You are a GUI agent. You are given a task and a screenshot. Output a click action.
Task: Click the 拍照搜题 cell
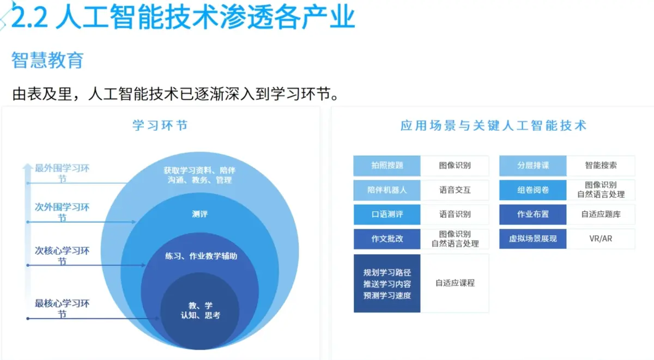tap(387, 166)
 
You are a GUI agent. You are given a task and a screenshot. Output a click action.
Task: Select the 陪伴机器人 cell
tap(387, 190)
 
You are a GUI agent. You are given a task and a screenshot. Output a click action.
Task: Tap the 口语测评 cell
tap(387, 215)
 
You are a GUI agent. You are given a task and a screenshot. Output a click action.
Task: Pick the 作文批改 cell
tap(387, 239)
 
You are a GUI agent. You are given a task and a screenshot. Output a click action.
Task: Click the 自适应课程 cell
tap(455, 283)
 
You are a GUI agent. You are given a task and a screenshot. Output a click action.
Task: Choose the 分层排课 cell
tap(533, 166)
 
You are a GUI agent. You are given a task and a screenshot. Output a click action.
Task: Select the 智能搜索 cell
tap(601, 166)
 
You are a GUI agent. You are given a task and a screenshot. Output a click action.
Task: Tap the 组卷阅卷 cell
tap(533, 190)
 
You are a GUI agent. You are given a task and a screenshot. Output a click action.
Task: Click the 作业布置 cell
tap(533, 215)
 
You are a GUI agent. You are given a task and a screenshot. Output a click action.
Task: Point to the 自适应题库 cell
tap(601, 215)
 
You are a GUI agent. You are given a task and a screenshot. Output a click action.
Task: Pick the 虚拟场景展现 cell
tap(533, 239)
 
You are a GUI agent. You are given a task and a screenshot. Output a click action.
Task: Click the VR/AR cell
tap(601, 239)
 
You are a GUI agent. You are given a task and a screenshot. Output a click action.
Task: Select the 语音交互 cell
tap(455, 190)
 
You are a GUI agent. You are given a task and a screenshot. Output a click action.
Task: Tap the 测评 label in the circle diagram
tap(200, 214)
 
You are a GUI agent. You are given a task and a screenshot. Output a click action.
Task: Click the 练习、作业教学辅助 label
tap(201, 255)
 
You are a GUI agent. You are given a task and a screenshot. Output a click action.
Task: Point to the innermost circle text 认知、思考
tap(201, 315)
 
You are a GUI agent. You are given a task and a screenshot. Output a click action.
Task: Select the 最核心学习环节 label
tap(62, 309)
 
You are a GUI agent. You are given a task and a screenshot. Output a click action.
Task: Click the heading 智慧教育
tap(47, 60)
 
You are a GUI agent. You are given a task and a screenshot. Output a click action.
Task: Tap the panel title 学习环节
tap(160, 125)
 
